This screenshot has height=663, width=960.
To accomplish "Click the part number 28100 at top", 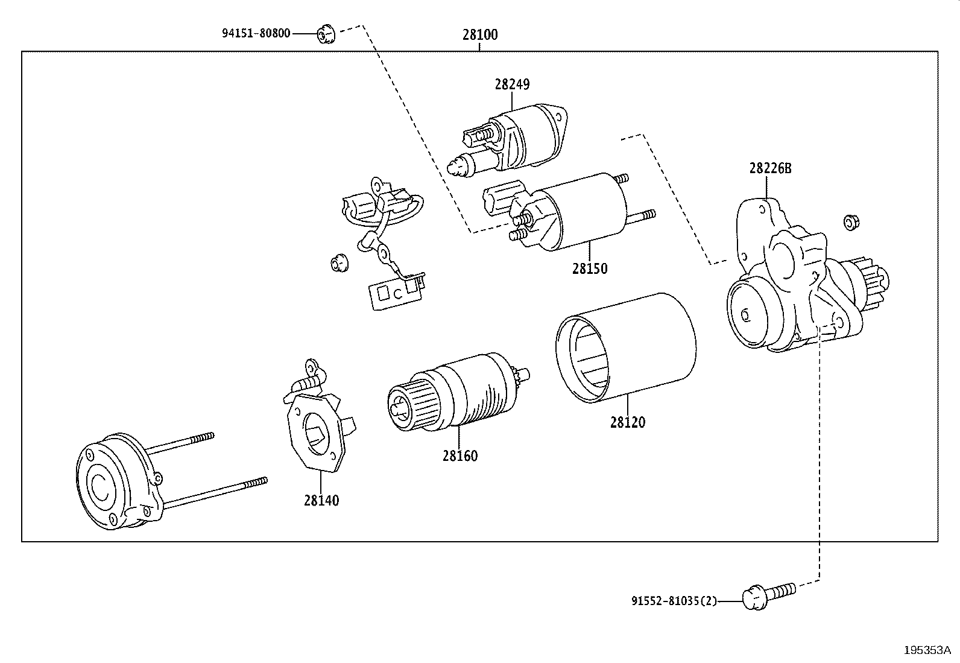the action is tap(480, 34).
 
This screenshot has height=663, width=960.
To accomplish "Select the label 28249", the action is tap(512, 84).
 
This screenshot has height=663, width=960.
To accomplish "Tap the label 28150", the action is tap(590, 268).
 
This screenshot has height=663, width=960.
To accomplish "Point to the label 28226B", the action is tap(770, 168).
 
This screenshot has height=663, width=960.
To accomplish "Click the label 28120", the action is tap(627, 422).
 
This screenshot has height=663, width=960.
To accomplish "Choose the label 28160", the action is tap(460, 455).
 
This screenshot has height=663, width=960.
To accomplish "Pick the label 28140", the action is tap(321, 500).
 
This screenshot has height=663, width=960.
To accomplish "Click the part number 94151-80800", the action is tap(256, 33).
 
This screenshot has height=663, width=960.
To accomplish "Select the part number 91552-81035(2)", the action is tap(674, 601).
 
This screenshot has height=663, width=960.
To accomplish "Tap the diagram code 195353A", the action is tap(927, 650).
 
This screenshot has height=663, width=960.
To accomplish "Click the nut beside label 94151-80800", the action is tap(326, 34).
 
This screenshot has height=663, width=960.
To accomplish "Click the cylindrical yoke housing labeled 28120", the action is tap(626, 348).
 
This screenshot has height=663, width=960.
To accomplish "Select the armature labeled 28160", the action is tap(458, 392).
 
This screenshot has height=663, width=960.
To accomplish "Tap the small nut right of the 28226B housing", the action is tap(851, 223).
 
